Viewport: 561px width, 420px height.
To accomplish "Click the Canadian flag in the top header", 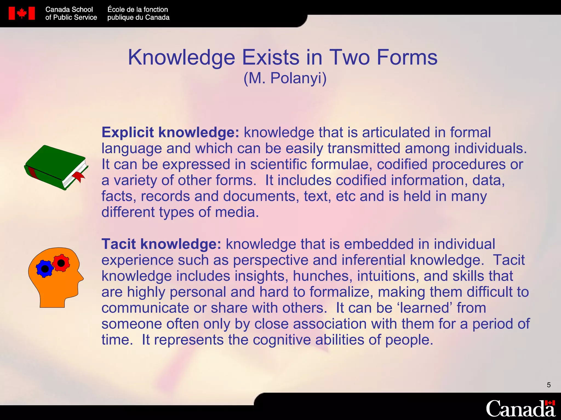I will (22, 13).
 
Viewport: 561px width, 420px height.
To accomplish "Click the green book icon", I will (55, 167).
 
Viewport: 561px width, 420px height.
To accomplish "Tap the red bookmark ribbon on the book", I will (79, 176).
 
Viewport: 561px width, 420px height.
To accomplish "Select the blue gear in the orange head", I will (45, 269).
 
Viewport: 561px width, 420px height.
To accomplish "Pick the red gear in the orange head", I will (61, 263).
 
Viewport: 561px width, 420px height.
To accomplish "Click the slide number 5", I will (549, 385).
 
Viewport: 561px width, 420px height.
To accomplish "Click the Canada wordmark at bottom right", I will (520, 409).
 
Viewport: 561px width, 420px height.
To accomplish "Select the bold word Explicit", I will (128, 133).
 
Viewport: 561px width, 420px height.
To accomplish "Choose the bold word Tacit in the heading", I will (119, 244).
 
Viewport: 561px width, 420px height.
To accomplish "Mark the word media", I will (237, 212).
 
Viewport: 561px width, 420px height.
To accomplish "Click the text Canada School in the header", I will (69, 10).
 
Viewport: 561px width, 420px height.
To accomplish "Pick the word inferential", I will (359, 260).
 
